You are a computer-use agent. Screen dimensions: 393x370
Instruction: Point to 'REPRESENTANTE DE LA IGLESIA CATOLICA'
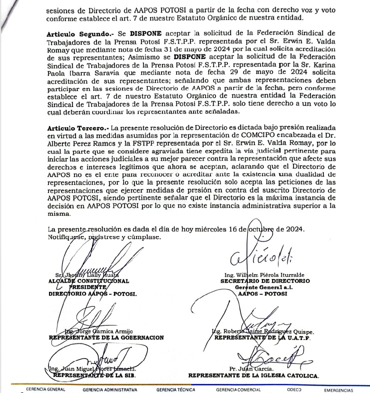tap(254, 374)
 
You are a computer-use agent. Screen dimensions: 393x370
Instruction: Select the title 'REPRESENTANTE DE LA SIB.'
tap(94, 374)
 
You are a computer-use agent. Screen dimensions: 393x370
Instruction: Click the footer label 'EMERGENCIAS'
tap(340, 389)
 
